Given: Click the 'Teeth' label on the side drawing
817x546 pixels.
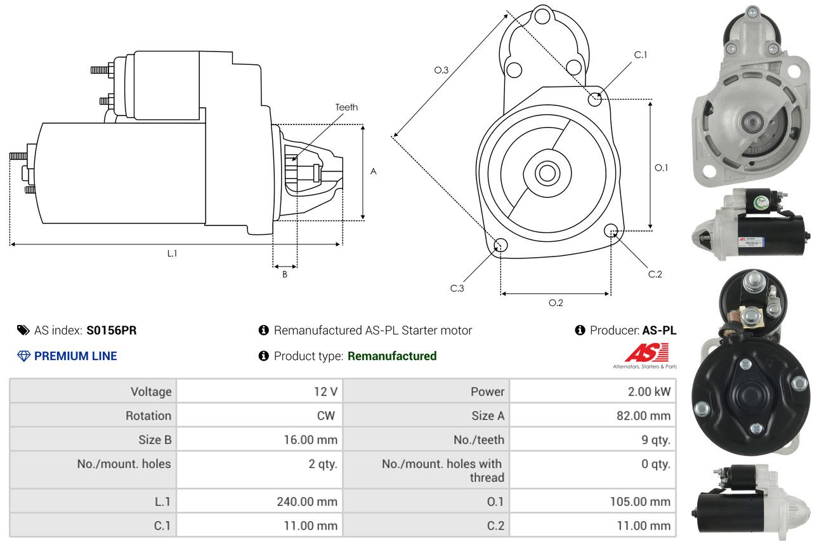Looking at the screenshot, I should pyautogui.click(x=346, y=107).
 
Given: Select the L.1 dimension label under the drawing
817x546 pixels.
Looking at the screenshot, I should pyautogui.click(x=172, y=253).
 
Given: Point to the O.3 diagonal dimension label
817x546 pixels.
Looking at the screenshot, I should pyautogui.click(x=441, y=70).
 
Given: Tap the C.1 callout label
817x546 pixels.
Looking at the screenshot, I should pyautogui.click(x=641, y=55).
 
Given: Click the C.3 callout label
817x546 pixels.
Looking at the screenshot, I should pyautogui.click(x=457, y=288).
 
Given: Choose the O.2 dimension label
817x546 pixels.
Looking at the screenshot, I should pyautogui.click(x=556, y=303).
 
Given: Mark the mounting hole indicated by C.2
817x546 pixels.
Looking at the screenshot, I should pyautogui.click(x=611, y=230).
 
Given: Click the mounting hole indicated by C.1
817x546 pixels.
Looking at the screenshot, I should pyautogui.click(x=595, y=99).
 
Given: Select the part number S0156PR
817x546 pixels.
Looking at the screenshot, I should pyautogui.click(x=112, y=330).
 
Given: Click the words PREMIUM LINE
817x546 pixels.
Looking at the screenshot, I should pyautogui.click(x=75, y=356).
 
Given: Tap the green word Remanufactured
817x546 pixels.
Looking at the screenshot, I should pyautogui.click(x=392, y=356).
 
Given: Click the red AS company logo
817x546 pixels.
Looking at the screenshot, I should pyautogui.click(x=646, y=352).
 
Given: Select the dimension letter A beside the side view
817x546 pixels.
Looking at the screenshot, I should pyautogui.click(x=374, y=171).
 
